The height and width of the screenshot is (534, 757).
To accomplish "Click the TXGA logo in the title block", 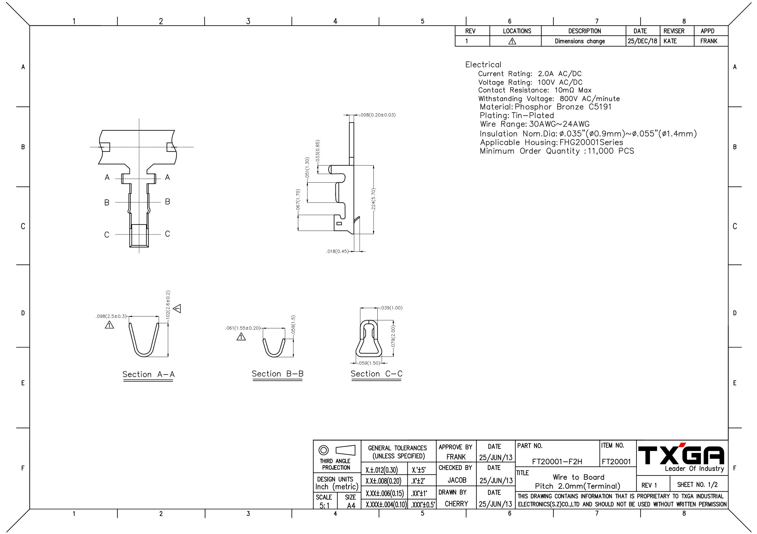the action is tap(681, 455).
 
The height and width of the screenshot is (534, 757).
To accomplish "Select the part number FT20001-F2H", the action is tap(557, 462).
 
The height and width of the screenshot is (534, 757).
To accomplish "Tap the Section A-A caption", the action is tap(149, 374).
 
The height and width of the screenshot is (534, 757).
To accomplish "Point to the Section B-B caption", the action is tap(278, 374).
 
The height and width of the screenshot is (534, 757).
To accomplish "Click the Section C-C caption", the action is tap(376, 374).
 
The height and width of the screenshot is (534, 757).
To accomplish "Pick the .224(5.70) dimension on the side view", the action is tap(374, 199).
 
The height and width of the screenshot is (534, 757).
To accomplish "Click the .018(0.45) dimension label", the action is tap(337, 251).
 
